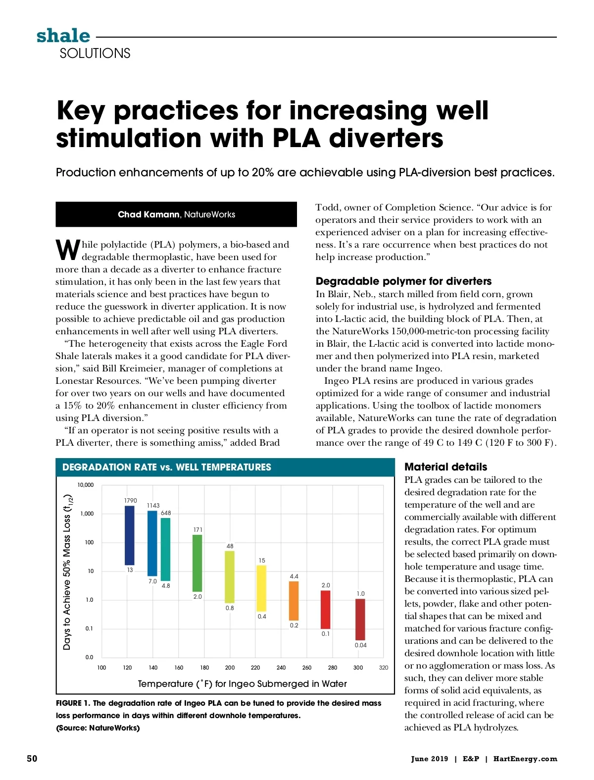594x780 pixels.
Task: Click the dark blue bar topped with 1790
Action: [x=129, y=535]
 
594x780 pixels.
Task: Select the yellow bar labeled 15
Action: [x=261, y=588]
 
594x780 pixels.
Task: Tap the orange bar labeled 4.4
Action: [x=294, y=601]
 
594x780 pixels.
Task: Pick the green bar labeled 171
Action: [x=198, y=563]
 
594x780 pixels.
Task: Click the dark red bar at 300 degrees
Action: [x=360, y=620]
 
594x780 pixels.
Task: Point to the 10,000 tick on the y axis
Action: [x=85, y=485]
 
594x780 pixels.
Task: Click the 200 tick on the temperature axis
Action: [x=230, y=668]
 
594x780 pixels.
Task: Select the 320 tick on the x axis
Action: [x=384, y=668]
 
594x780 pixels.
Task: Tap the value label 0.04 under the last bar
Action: [x=361, y=645]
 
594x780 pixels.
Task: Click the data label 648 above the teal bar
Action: [x=166, y=513]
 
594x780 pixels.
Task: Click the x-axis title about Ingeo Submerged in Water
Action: [x=242, y=684]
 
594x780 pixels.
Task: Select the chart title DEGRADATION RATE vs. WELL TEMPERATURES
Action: [x=167, y=467]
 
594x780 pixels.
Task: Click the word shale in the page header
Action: [x=63, y=36]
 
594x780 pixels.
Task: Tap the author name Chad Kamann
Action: [x=148, y=214]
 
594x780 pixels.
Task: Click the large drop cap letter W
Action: [x=67, y=250]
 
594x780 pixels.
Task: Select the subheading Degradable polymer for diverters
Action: [x=403, y=281]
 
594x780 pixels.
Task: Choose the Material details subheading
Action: [x=445, y=467]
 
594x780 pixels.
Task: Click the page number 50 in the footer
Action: [x=32, y=759]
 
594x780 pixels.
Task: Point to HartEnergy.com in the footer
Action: [x=525, y=759]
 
